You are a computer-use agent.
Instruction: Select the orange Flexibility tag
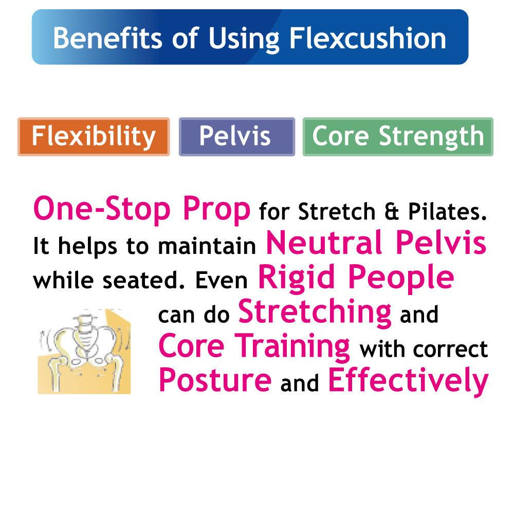pos(94,137)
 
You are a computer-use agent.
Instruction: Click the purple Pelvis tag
pos(236,137)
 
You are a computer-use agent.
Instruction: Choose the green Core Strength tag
pos(398,137)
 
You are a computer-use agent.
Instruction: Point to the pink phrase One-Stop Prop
pos(142,210)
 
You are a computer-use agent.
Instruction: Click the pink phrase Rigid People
pos(356,278)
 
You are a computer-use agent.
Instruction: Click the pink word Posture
pos(215,380)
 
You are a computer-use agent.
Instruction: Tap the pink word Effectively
pos(407,380)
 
